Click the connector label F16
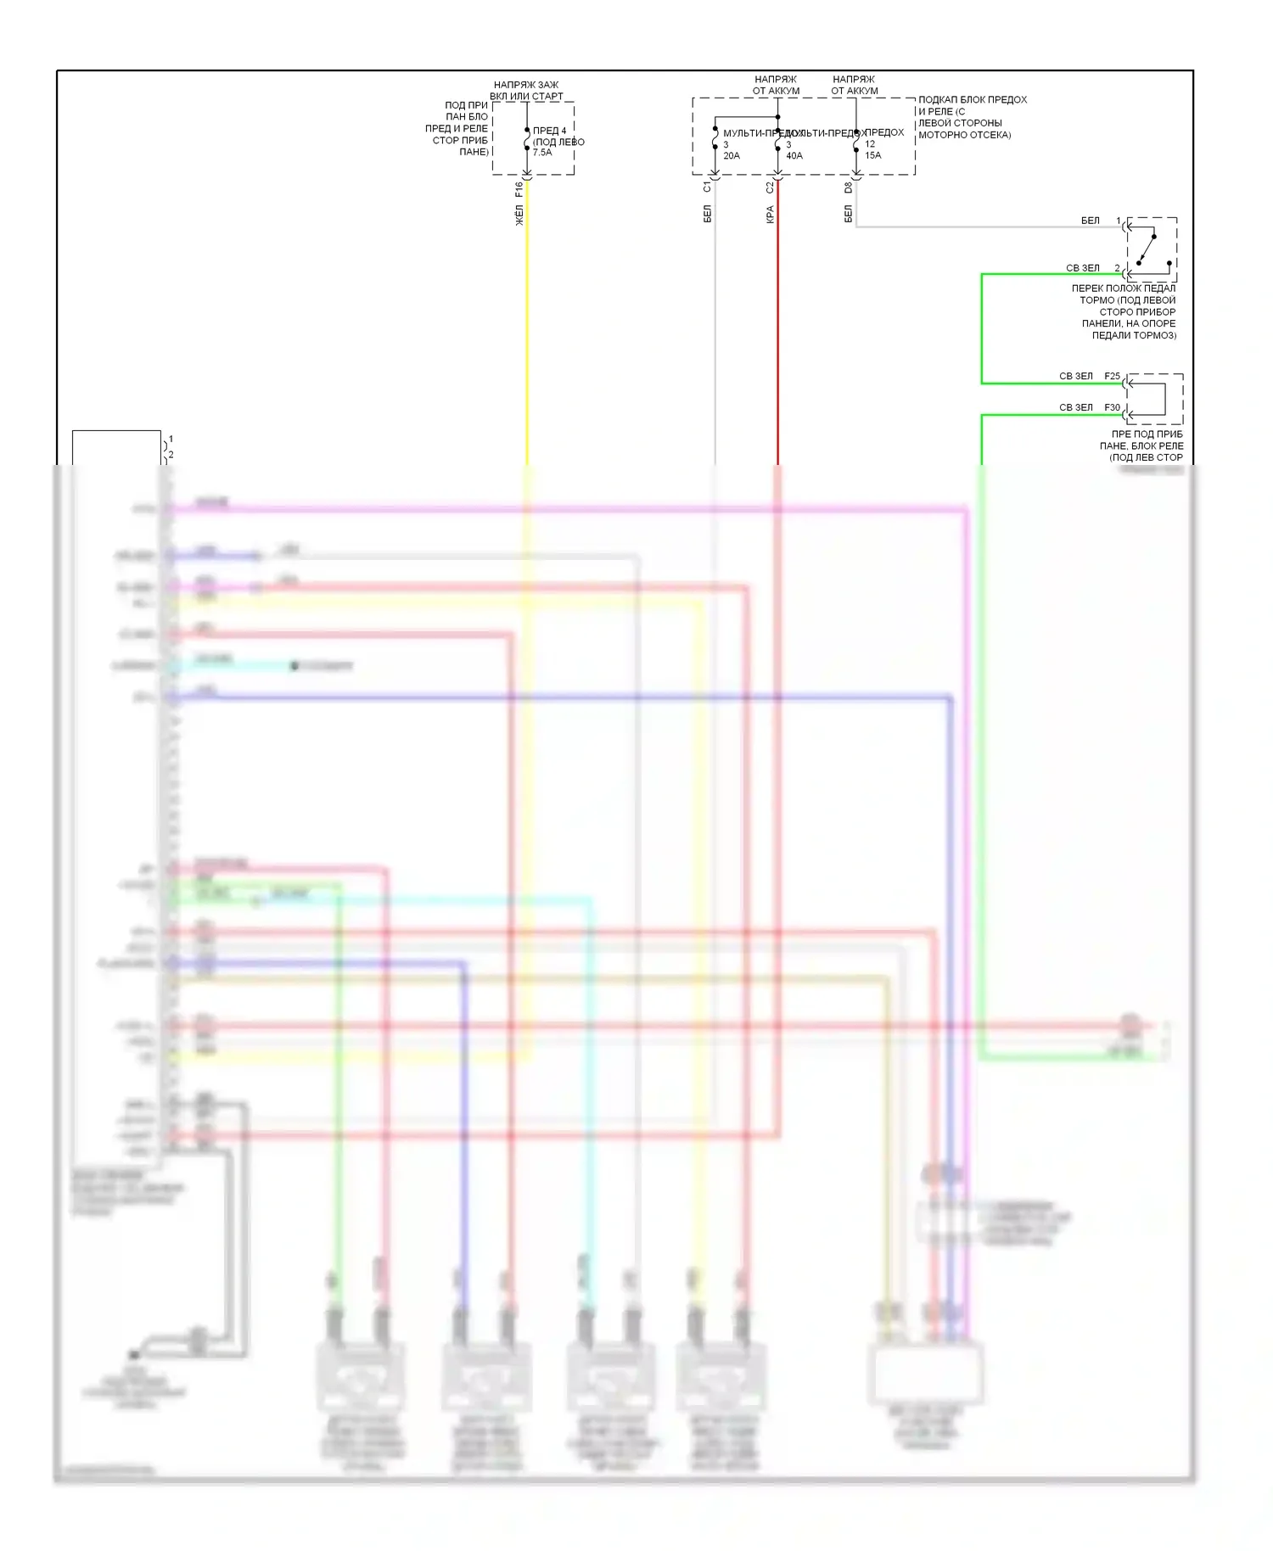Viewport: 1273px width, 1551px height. click(519, 189)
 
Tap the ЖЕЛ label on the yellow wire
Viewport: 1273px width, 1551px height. click(519, 215)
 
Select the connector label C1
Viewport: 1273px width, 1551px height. click(707, 187)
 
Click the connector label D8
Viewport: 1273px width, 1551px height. click(848, 188)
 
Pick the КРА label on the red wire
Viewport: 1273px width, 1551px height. click(770, 215)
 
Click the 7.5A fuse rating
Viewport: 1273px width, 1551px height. click(542, 153)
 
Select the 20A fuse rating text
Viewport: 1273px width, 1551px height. click(732, 156)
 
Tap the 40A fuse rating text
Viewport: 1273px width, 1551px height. click(794, 156)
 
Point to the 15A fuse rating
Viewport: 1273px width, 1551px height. click(873, 155)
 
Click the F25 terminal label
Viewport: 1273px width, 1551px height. click(1112, 376)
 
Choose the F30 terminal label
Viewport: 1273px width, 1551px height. click(1112, 408)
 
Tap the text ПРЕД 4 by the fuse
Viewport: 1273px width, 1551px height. click(550, 131)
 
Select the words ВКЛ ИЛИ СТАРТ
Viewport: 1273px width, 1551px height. click(526, 97)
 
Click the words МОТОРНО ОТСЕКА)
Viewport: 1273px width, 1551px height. click(964, 135)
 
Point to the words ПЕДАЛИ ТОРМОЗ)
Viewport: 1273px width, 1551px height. click(1134, 335)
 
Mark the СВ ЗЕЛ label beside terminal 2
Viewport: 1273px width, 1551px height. click(1083, 268)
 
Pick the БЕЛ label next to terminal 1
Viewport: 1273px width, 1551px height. click(1091, 221)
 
